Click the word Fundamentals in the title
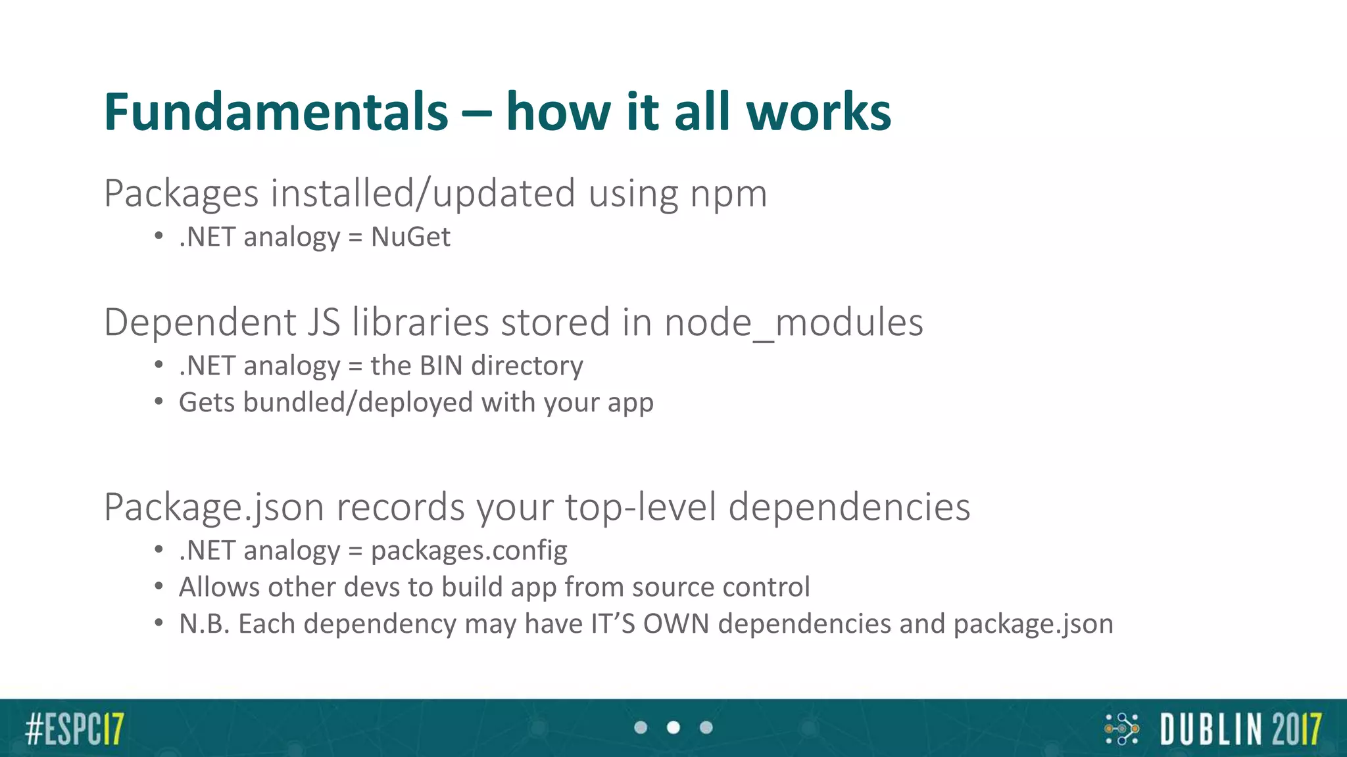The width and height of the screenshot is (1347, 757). click(x=276, y=112)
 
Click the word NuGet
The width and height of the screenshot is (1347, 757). click(x=410, y=237)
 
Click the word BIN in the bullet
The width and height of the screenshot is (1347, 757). click(x=441, y=365)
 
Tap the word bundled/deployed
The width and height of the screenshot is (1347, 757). click(x=358, y=402)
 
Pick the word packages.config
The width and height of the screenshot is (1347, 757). click(x=469, y=551)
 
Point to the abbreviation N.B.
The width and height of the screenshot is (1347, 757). click(x=204, y=624)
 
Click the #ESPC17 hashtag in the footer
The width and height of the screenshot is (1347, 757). click(x=74, y=729)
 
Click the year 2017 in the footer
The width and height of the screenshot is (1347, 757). click(x=1296, y=729)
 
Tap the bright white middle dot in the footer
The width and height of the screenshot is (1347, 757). click(x=673, y=727)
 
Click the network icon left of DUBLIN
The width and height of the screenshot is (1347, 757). click(x=1121, y=729)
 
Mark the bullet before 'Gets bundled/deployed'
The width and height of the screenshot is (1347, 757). click(x=159, y=402)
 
